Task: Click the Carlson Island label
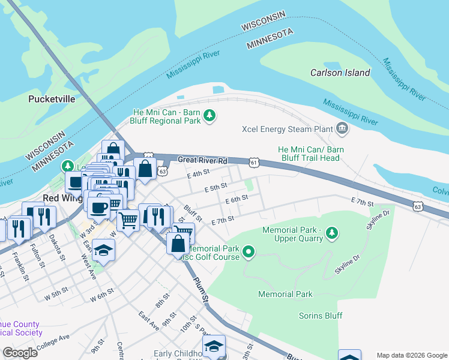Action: (340, 73)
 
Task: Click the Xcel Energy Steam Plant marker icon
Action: (342, 127)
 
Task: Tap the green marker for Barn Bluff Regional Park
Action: (209, 115)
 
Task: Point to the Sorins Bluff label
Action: (321, 316)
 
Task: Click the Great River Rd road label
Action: (203, 160)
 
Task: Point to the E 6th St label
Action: (237, 199)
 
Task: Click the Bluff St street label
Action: (192, 211)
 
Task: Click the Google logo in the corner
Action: (20, 353)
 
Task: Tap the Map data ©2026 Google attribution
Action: (411, 355)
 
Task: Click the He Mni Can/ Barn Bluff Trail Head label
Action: (309, 154)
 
